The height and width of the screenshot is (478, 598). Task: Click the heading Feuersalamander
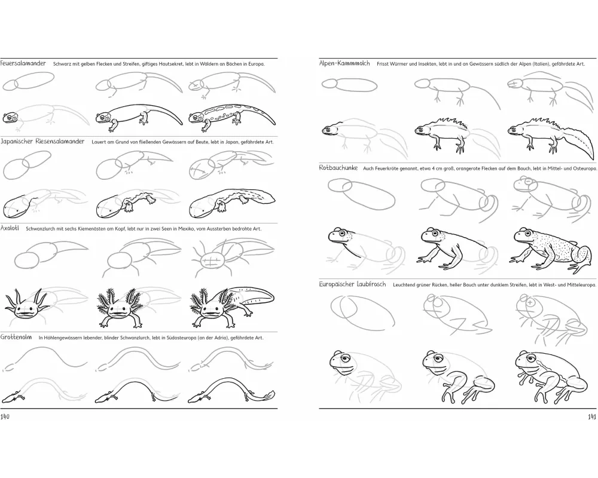[23, 63]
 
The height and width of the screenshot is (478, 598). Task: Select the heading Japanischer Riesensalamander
[42, 142]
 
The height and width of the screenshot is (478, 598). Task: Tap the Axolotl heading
[10, 228]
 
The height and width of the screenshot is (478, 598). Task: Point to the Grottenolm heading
[16, 337]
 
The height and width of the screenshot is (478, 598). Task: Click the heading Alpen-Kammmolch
[344, 63]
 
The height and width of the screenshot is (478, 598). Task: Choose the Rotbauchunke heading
[338, 168]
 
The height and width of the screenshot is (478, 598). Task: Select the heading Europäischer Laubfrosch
[352, 284]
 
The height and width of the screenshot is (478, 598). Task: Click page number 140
[5, 416]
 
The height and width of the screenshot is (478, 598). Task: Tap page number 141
[591, 416]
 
